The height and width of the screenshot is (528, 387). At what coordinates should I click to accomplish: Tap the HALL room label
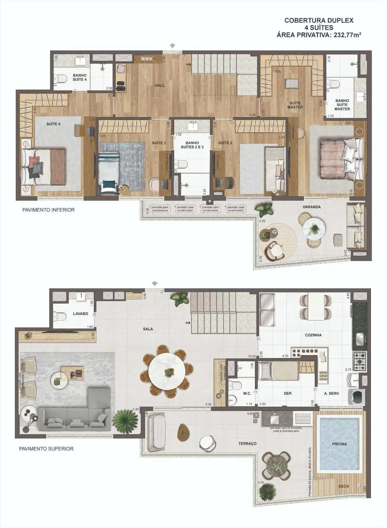160,85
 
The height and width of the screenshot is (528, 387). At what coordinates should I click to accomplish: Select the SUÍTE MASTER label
295,105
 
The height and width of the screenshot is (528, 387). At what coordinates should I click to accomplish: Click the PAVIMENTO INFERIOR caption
49,210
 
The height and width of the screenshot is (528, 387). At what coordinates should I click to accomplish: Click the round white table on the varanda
314,229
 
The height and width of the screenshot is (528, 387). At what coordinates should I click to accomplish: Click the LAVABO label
80,313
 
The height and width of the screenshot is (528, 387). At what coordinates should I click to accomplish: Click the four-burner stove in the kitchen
359,361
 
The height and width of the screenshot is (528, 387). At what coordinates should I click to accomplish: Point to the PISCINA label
340,444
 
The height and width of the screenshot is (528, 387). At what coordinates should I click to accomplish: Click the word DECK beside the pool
343,486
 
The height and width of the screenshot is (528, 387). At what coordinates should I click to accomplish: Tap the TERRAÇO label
247,443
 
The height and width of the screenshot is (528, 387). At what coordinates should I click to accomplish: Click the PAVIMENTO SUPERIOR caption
46,448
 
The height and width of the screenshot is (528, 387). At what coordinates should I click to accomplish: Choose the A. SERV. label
331,394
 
